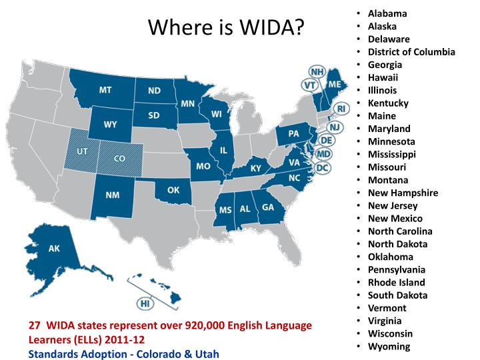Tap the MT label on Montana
pos(105,90)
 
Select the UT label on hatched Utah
pos(83,151)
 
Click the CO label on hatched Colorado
pos(120,159)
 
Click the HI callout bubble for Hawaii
pos(145,303)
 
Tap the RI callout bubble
pos(341,109)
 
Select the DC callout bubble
pos(322,168)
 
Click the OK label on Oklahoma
pos(173,190)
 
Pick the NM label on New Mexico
pos(112,195)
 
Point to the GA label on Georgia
pos(268,207)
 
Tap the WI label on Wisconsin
pos(217,114)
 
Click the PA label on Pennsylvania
pos(293,133)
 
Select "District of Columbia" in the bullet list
pos(411,52)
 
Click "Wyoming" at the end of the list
pos(389,346)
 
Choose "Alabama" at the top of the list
pos(387,13)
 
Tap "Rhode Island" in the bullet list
pos(396,282)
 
